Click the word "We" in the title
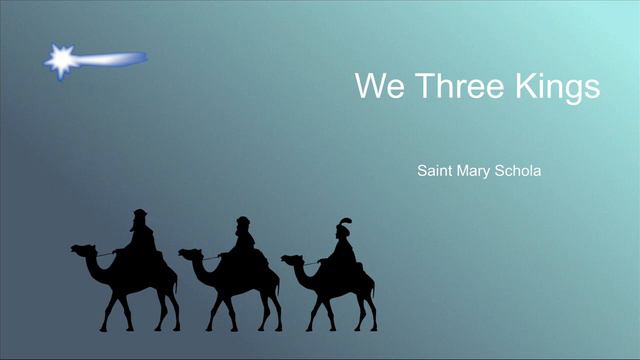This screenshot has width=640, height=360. pyautogui.click(x=376, y=86)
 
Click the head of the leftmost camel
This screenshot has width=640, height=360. pyautogui.click(x=80, y=249)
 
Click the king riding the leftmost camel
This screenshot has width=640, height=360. pyautogui.click(x=141, y=236)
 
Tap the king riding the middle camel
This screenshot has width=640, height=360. pyautogui.click(x=243, y=241)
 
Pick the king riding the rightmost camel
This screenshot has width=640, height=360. pyautogui.click(x=343, y=245)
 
